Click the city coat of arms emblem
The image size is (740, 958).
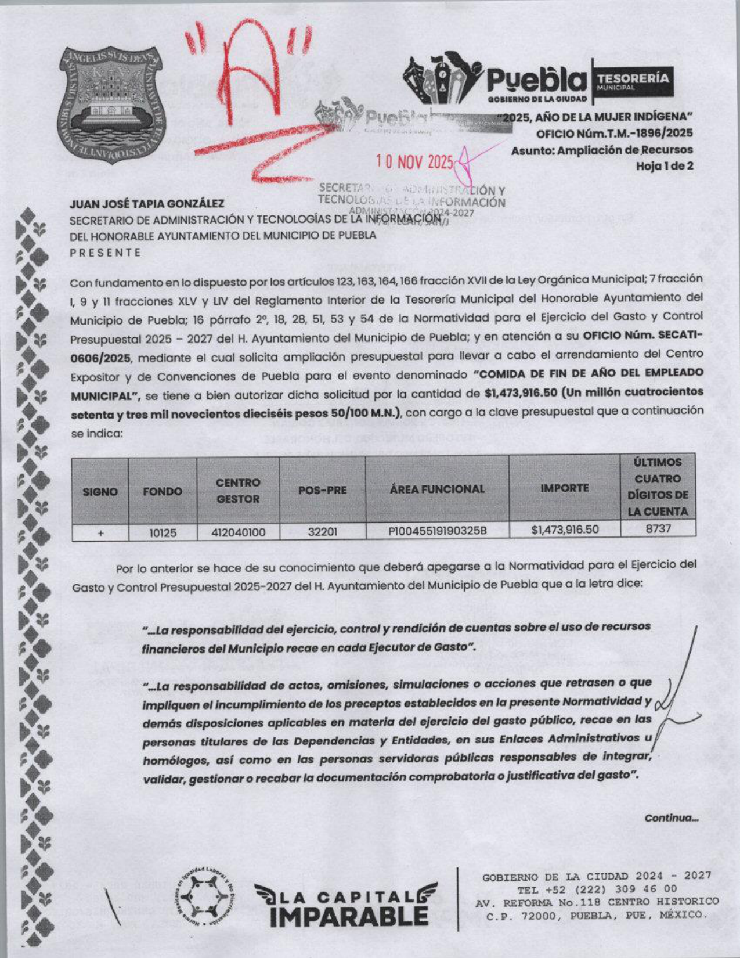point(112,105)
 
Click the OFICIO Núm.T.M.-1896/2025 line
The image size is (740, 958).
point(614,133)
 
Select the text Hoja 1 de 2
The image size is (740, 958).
point(664,166)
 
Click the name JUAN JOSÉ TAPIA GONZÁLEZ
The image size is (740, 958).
point(147,204)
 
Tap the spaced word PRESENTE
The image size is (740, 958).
point(106,253)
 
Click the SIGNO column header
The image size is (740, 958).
point(100,491)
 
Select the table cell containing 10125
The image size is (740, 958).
point(163,532)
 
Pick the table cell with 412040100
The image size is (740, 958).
point(238,532)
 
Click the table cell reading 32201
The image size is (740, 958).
point(322,531)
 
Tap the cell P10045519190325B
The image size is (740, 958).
point(437,530)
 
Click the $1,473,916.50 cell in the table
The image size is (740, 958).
point(564,529)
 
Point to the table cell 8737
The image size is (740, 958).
point(658,528)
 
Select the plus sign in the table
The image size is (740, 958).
point(100,532)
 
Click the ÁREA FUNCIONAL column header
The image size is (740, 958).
point(437,489)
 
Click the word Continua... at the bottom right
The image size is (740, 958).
point(671,818)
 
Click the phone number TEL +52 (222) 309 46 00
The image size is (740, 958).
point(597,889)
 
